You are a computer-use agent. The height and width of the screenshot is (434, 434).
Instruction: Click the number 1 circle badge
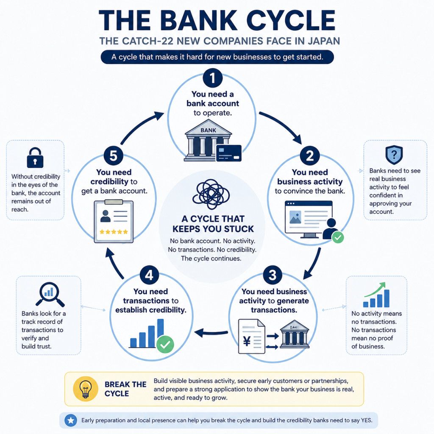point(213,78)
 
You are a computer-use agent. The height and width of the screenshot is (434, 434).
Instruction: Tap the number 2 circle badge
point(310,156)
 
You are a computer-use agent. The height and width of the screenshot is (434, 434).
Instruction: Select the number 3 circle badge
point(273,275)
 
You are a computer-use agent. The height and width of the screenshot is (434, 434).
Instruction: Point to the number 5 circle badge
point(114,156)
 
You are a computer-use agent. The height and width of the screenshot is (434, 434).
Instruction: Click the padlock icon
point(35,158)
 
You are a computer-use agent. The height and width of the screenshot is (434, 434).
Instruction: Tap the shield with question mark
point(394,155)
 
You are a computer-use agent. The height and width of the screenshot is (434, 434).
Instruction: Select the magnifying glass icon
point(50,294)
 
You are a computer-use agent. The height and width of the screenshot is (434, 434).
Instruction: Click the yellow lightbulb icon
point(86,389)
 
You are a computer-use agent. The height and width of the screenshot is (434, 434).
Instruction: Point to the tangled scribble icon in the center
point(211,194)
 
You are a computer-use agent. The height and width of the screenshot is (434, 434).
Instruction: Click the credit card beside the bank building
point(228,153)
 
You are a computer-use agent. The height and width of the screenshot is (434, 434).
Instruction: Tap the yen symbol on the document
point(247,341)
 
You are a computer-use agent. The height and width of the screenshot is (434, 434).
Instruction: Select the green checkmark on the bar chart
point(165,344)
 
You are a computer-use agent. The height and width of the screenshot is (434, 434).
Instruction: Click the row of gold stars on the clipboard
point(114,232)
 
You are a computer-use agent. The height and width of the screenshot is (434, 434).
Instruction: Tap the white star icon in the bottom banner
point(71,420)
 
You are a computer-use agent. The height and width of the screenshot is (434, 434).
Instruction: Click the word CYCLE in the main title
point(291,20)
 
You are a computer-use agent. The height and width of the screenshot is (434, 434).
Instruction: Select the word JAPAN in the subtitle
point(323,41)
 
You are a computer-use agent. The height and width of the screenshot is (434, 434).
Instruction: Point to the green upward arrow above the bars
point(375,289)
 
